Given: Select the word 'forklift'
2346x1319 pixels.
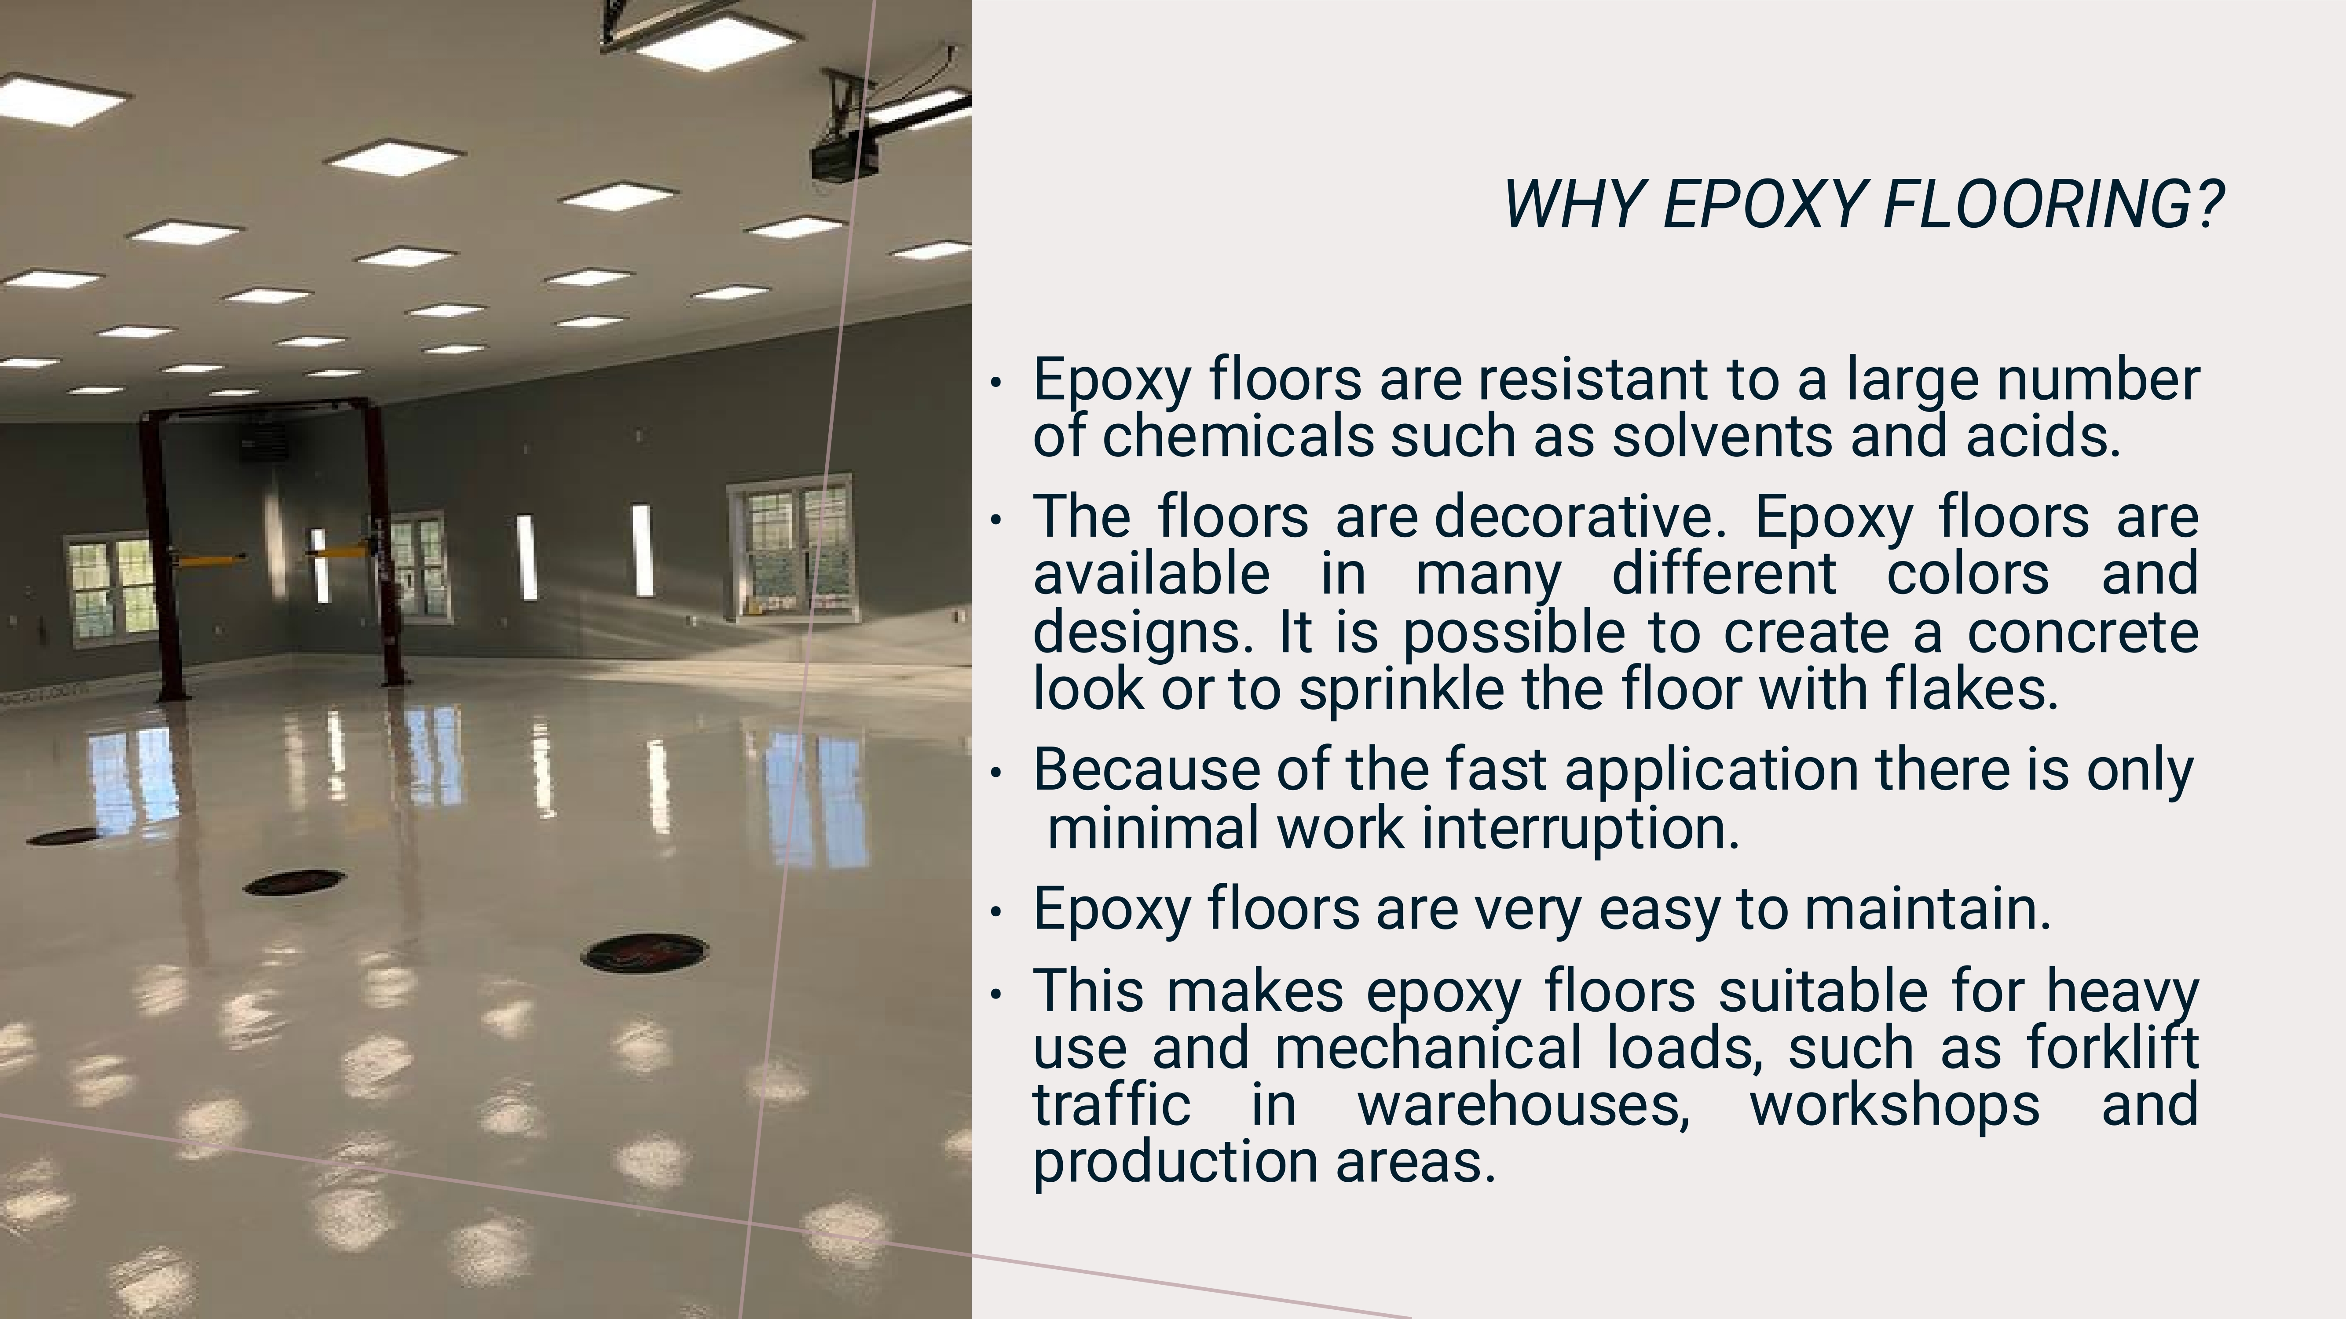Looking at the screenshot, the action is click(2113, 1047).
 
